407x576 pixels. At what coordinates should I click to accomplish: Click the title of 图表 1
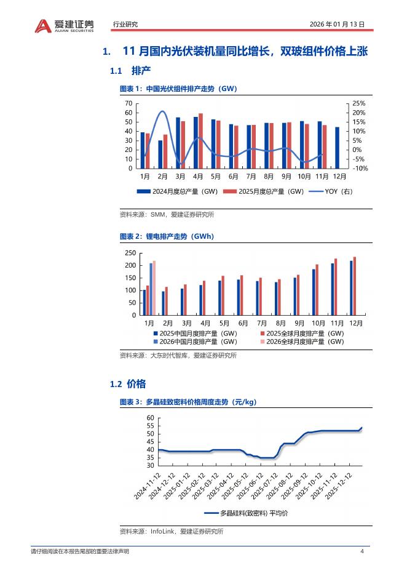point(178,89)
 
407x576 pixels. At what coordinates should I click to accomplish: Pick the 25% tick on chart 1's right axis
point(359,103)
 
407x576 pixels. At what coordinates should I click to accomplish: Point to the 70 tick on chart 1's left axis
point(128,103)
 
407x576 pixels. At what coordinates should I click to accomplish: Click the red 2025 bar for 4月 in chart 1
point(201,141)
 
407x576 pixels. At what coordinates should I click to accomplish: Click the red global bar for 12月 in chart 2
point(355,286)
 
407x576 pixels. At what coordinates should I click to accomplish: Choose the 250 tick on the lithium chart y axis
point(130,253)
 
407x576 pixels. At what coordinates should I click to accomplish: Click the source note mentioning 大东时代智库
point(178,355)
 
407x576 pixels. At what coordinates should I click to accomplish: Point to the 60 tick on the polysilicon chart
point(151,418)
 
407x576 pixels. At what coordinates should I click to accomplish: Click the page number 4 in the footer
point(362,551)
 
